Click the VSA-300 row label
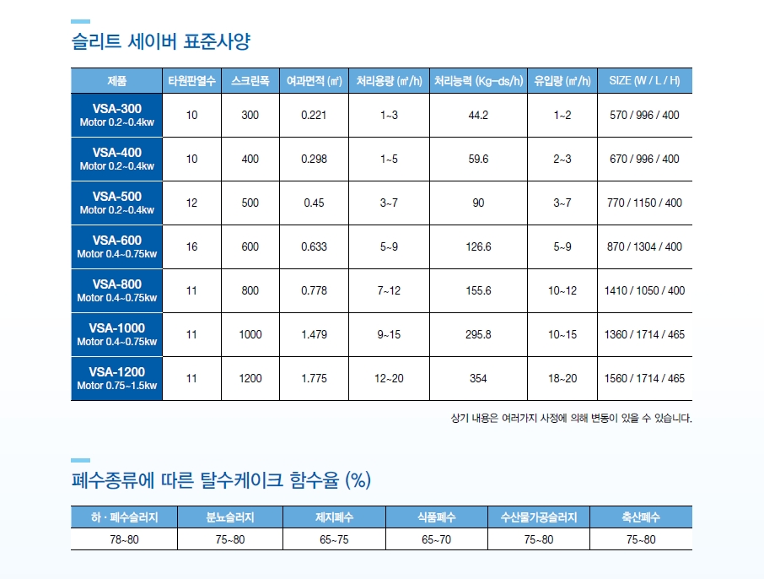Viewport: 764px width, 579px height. coord(116,115)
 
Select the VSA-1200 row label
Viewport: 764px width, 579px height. coord(116,378)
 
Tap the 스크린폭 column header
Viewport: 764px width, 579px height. coord(250,81)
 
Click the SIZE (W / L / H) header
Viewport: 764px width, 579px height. coord(644,81)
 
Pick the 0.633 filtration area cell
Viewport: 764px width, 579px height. coord(314,246)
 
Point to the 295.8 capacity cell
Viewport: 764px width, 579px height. coord(478,334)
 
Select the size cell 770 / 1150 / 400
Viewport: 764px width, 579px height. coord(644,203)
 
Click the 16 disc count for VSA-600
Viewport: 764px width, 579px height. coord(191,246)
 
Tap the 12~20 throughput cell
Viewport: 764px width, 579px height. coord(389,378)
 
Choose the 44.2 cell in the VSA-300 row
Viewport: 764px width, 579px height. coord(478,115)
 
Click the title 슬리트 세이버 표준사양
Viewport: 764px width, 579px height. coord(160,41)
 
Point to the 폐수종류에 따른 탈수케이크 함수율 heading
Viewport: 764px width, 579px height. coord(221,481)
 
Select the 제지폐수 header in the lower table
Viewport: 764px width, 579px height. coord(334,517)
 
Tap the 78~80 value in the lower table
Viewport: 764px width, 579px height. coord(124,539)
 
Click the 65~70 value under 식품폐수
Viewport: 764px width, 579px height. coord(436,539)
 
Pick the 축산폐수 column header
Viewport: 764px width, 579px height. coord(640,517)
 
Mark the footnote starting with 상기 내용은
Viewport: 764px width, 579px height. coord(572,418)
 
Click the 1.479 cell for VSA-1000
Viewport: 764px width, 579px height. coord(314,334)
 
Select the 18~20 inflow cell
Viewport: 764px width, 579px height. coord(562,378)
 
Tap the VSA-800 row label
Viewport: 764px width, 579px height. coord(116,290)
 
